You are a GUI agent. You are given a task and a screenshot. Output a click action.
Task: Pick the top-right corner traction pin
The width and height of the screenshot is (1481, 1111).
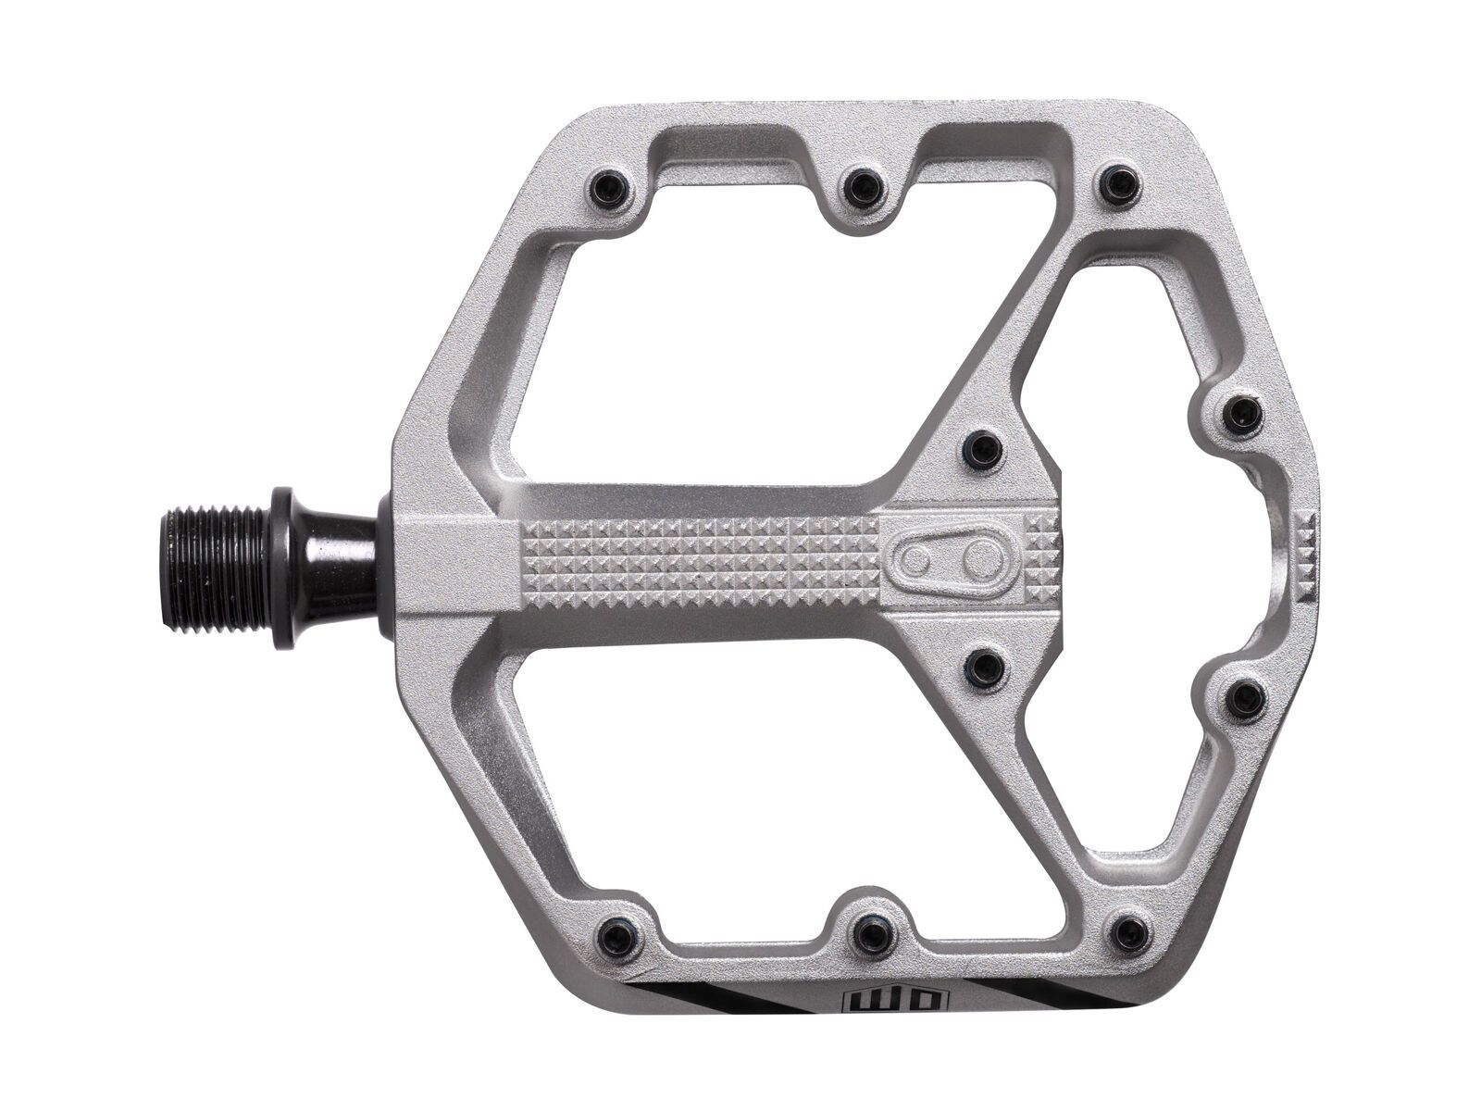pos(1117,182)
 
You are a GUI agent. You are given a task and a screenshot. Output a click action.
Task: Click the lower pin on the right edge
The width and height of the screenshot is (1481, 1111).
pos(1243,696)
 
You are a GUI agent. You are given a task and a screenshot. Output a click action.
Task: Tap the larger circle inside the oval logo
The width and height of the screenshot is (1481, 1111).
pos(977,558)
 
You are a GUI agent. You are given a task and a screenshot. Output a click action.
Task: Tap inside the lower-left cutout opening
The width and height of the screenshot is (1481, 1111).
pos(731,787)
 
